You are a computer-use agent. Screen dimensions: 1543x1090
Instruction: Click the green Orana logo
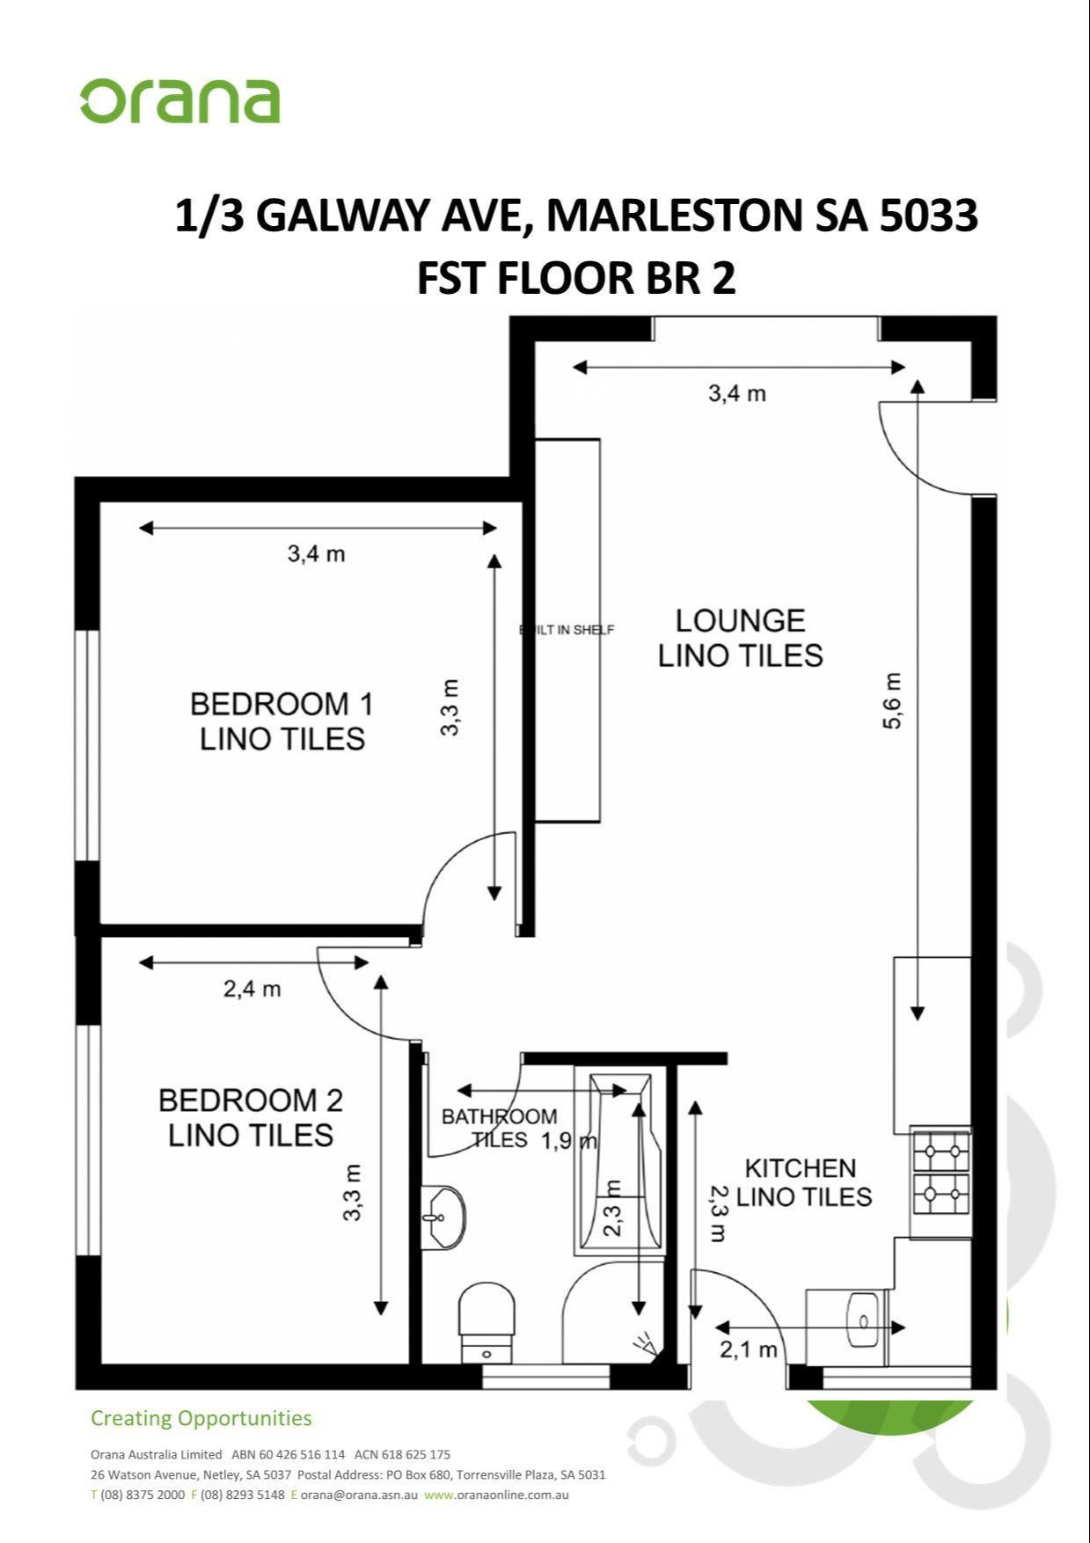click(x=180, y=102)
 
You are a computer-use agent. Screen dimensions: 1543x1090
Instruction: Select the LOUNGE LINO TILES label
click(x=740, y=638)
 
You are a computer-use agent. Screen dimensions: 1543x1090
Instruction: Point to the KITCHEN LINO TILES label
click(x=802, y=1182)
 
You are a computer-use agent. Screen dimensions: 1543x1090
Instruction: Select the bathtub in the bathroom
click(x=618, y=1161)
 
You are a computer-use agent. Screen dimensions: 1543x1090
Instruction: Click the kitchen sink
click(x=861, y=1320)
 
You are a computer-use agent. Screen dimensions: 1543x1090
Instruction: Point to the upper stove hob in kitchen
click(x=941, y=1151)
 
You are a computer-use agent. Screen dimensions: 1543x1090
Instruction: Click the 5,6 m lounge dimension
click(x=891, y=701)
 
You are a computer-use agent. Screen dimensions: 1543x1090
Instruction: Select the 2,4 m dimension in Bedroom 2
click(x=252, y=989)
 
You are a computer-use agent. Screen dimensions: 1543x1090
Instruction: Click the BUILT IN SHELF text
click(x=567, y=630)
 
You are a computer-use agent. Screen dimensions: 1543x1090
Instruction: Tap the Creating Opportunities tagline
click(x=201, y=1418)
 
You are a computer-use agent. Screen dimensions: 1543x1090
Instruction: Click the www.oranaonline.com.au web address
click(x=496, y=1495)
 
